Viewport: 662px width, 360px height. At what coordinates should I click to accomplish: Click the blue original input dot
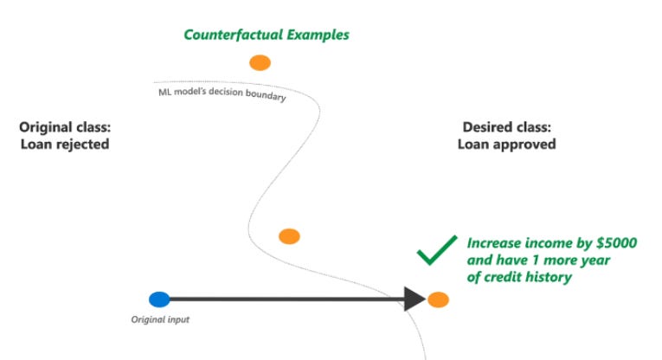tap(159, 299)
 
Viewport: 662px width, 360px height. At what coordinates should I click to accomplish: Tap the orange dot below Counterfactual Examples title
tap(260, 62)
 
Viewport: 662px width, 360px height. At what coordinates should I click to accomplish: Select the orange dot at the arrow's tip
tap(438, 300)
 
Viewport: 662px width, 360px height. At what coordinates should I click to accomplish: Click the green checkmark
tap(435, 250)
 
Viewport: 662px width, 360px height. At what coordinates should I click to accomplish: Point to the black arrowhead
tap(414, 299)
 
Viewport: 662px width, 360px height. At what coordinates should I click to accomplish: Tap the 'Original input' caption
tap(160, 320)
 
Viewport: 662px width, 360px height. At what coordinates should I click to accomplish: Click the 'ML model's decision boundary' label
tap(222, 94)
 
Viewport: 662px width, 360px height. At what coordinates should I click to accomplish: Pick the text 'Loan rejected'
tap(65, 145)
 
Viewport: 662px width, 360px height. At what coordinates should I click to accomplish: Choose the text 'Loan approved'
tap(506, 145)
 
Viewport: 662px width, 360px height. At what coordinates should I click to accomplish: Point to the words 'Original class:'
tap(65, 128)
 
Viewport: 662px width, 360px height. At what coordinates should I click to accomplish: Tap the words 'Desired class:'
tap(506, 128)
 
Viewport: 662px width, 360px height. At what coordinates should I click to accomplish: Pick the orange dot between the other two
tap(289, 236)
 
